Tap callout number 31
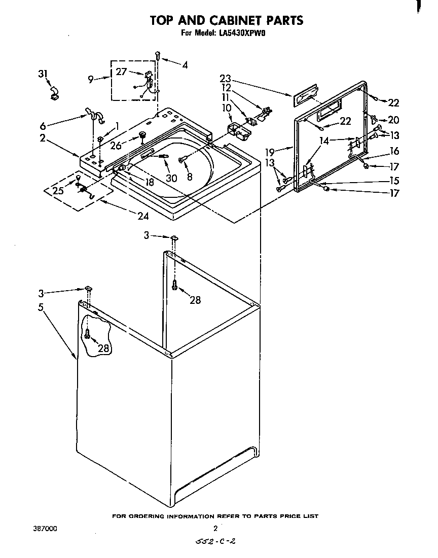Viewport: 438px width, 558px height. (44, 74)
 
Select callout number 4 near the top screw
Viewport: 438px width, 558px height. (185, 64)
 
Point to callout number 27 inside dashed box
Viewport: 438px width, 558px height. (121, 72)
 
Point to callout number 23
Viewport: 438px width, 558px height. (225, 78)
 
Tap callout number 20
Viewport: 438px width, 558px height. (393, 120)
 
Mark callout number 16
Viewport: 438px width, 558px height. (394, 151)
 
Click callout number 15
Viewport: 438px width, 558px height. (393, 180)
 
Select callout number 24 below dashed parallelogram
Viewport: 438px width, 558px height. (143, 217)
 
